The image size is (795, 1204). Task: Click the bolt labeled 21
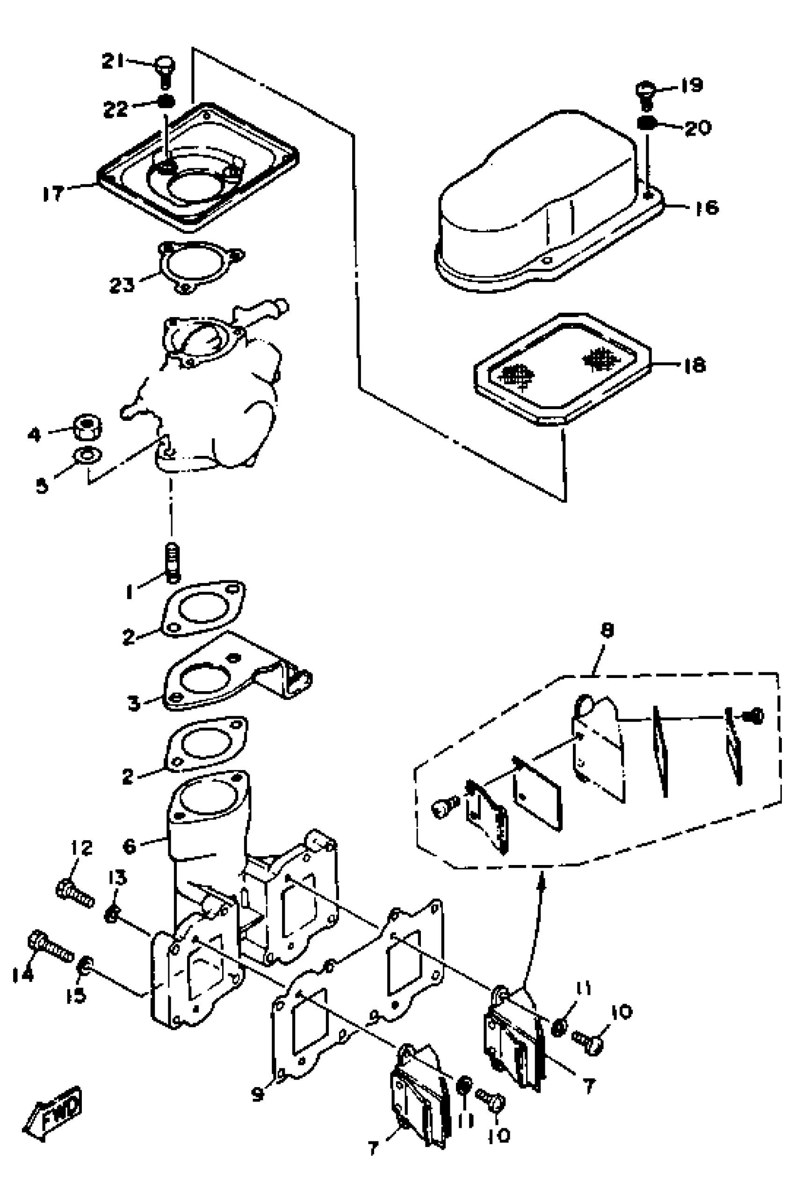pyautogui.click(x=164, y=71)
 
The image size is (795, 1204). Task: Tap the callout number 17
pyautogui.click(x=53, y=193)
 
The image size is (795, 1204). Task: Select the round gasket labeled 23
pyautogui.click(x=200, y=267)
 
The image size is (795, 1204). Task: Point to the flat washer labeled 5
pyautogui.click(x=87, y=455)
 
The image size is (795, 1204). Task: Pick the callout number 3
pyautogui.click(x=133, y=703)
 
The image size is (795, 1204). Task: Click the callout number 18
pyautogui.click(x=694, y=365)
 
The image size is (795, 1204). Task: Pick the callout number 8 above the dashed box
pyautogui.click(x=607, y=630)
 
